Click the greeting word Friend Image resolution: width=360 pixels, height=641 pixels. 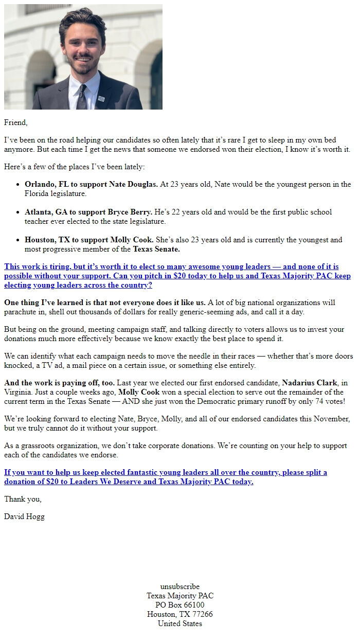tap(15, 122)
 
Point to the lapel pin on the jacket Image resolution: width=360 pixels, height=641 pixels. tap(101, 97)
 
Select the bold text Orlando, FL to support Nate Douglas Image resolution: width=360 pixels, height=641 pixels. tap(91, 184)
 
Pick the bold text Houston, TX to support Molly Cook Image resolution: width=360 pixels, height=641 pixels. tap(89, 240)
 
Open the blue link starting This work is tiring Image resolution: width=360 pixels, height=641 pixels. tap(177, 276)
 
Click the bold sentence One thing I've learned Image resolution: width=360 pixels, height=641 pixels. tap(105, 302)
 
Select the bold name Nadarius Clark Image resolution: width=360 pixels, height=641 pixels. tap(309, 383)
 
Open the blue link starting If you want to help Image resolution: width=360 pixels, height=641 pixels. tap(166, 477)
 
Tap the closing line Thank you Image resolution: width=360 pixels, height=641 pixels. tap(23, 499)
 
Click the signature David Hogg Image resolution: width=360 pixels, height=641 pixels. tap(24, 517)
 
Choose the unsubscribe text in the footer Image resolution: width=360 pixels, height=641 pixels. tap(180, 586)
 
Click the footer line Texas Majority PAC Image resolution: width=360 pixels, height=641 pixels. tap(180, 596)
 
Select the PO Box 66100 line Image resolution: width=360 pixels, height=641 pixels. tap(180, 605)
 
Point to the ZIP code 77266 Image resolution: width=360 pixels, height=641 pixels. tap(201, 614)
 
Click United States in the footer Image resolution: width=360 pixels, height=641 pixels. tap(180, 624)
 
